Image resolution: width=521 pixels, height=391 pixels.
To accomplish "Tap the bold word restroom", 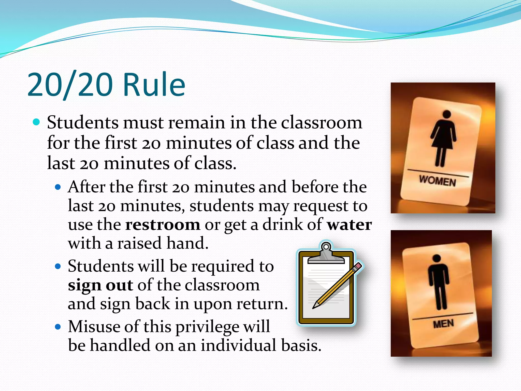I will coord(163,225).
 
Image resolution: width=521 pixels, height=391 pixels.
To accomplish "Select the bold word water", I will coord(349,225).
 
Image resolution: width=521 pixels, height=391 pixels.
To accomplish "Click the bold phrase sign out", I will coord(100,285).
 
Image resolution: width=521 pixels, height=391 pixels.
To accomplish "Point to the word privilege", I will coord(207,327).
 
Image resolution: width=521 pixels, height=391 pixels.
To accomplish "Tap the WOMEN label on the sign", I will coord(437,181).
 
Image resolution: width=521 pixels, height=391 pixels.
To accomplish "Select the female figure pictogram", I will coord(443,137).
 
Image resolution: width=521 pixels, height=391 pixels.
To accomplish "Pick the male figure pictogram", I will coord(438,281).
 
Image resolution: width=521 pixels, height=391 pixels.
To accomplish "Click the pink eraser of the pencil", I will coord(358,266).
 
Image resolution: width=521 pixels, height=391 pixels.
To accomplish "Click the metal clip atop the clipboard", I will coord(326,254).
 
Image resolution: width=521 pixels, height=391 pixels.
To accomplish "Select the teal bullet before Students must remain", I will coord(37,122).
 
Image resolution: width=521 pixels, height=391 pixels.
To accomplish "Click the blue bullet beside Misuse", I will coord(58,327).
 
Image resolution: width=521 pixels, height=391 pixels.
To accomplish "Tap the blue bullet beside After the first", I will coord(58,187).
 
